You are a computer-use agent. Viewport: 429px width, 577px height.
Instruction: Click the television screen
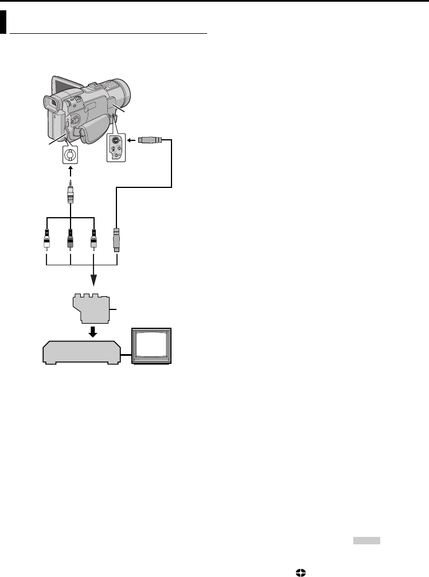click(151, 346)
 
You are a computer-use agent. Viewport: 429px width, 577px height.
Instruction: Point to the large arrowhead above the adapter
click(94, 280)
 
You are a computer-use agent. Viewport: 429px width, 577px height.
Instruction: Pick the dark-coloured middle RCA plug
click(69, 240)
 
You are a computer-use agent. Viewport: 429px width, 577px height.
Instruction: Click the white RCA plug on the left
click(46, 240)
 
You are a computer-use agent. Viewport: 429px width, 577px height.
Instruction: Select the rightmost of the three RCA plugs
click(93, 240)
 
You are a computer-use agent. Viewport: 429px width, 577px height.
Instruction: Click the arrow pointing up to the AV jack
click(69, 170)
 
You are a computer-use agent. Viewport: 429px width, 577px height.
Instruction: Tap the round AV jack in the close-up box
click(69, 154)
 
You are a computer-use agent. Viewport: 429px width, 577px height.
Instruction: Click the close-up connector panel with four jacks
click(115, 146)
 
